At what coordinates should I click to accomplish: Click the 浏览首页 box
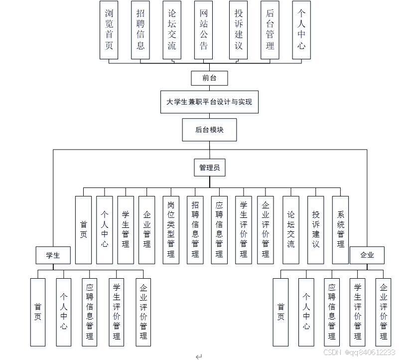coord(109,30)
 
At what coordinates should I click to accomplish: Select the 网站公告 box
coord(203,30)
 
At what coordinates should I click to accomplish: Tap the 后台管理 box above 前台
coord(270,30)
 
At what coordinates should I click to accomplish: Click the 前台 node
coord(209,78)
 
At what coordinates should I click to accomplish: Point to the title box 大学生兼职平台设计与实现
coord(209,102)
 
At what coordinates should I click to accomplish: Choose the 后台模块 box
coord(209,130)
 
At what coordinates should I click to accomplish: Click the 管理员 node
coord(209,168)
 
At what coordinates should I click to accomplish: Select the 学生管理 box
coord(126,229)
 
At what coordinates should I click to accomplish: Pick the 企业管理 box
coord(147,229)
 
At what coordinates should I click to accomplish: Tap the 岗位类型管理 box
coord(171,229)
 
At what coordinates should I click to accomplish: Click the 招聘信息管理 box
coord(195,229)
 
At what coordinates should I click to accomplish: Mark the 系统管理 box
coord(340,229)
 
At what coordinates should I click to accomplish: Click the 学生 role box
coord(53,255)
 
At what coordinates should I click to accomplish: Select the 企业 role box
coord(367,255)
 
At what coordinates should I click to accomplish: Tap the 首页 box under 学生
coord(38,312)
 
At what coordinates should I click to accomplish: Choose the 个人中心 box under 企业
coord(306,312)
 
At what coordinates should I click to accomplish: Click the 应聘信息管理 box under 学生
coord(89,312)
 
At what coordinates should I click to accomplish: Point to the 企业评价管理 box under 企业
coord(383,312)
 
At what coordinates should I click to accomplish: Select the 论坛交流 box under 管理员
coord(291,229)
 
